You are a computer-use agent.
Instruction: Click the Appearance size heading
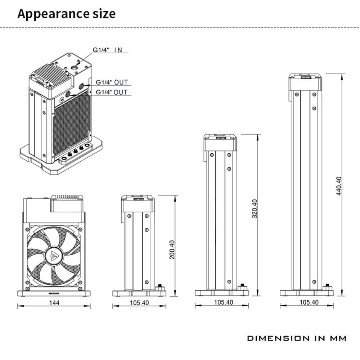(67, 14)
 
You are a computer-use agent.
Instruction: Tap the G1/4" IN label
(107, 50)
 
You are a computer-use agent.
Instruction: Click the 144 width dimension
(54, 303)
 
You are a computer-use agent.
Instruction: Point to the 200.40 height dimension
(172, 249)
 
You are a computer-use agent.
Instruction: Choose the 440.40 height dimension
(338, 186)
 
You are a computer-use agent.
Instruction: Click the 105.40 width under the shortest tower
(139, 303)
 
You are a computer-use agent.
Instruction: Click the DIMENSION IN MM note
(297, 338)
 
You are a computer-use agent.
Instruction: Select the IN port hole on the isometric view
(76, 67)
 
